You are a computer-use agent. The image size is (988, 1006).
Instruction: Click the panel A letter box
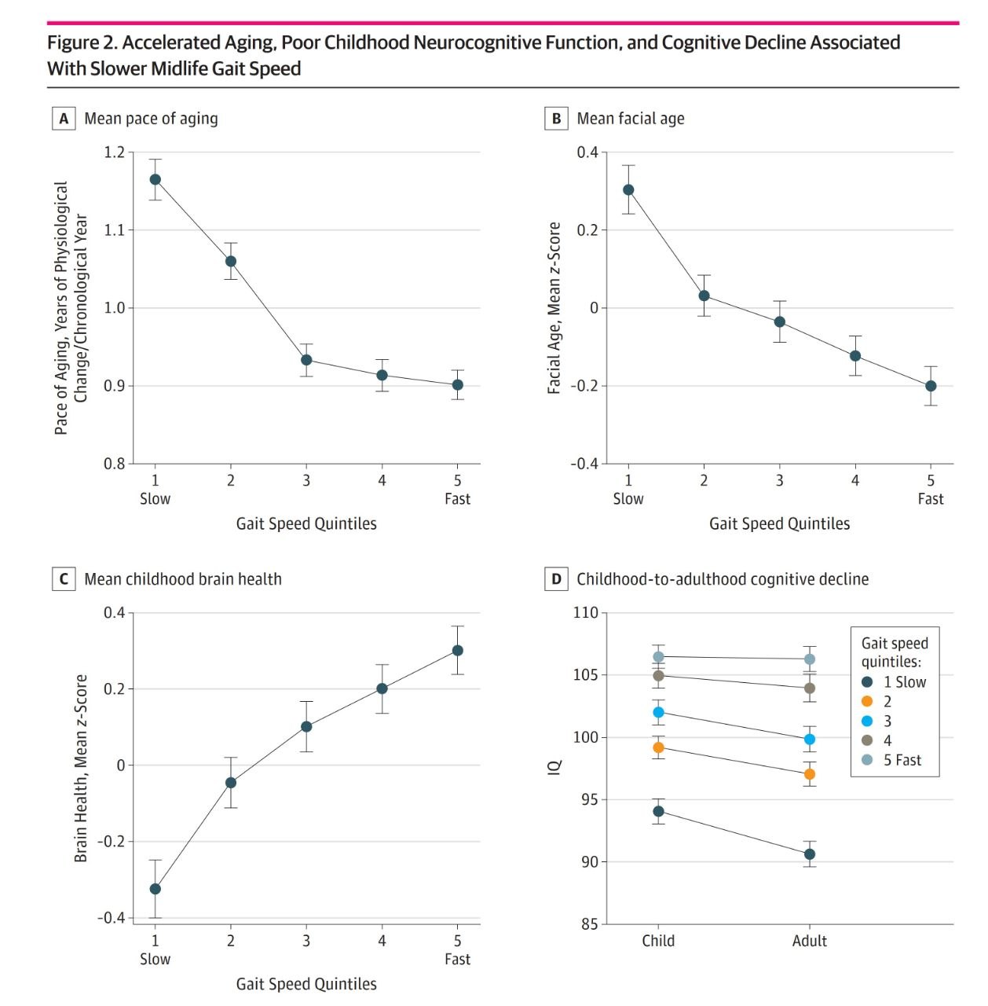[64, 119]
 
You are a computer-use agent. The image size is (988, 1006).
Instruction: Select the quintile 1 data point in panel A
[156, 179]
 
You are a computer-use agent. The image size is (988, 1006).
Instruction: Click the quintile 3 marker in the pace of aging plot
[306, 360]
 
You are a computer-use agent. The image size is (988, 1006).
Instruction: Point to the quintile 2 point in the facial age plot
[704, 296]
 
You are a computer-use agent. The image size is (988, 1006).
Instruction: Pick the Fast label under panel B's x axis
[931, 499]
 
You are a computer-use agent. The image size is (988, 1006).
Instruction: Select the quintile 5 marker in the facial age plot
[931, 386]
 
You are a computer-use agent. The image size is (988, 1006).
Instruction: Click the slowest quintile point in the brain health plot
[156, 889]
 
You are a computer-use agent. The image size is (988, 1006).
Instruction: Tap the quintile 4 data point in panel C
[382, 688]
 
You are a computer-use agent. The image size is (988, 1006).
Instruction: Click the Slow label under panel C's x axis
[155, 959]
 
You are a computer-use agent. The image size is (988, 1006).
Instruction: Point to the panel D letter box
[556, 579]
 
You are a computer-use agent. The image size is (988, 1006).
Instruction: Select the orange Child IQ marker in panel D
[658, 747]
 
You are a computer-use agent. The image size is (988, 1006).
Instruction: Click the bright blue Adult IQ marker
[810, 740]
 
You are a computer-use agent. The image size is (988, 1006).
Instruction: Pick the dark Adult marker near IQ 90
[810, 854]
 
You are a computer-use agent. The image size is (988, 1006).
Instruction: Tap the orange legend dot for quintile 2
[867, 701]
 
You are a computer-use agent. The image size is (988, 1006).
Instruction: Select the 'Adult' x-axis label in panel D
[810, 941]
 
